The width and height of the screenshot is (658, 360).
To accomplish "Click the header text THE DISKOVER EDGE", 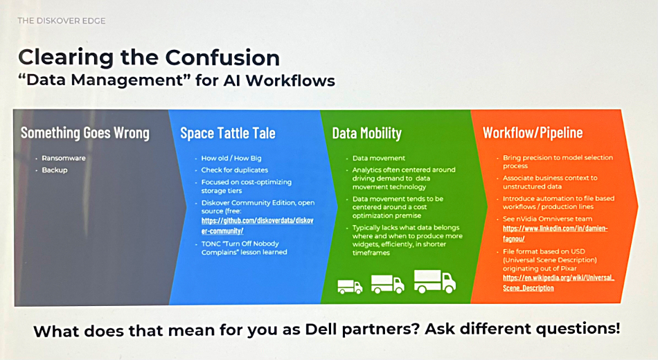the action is [x=61, y=21].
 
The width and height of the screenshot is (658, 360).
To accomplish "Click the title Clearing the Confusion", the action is [x=149, y=57].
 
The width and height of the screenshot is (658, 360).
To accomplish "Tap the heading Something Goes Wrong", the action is [x=85, y=133].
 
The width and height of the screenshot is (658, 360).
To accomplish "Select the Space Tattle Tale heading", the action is [x=228, y=133].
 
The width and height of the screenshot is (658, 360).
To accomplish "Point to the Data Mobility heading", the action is [x=367, y=133].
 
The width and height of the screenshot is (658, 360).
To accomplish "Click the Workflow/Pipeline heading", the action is [x=533, y=133].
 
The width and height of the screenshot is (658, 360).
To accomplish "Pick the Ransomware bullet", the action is [x=63, y=158].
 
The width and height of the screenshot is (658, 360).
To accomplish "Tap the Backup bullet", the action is [x=55, y=170].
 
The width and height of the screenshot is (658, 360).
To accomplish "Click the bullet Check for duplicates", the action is [x=235, y=170].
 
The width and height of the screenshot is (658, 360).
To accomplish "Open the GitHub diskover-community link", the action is [x=257, y=226].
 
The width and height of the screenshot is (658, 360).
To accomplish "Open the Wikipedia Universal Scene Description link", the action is [x=558, y=282].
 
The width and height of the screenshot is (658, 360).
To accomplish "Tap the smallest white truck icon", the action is [x=350, y=286].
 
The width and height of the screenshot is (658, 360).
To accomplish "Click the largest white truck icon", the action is [x=435, y=281].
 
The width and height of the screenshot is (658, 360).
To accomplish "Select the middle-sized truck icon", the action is [x=388, y=284].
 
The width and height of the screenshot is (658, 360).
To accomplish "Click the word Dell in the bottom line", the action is [x=321, y=329].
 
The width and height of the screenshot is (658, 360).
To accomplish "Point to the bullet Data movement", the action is [x=378, y=158].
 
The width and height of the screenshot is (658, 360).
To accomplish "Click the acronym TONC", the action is [x=211, y=244].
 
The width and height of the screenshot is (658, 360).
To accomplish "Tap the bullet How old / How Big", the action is [x=231, y=158].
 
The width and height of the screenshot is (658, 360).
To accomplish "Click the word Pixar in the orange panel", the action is [x=567, y=269].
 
